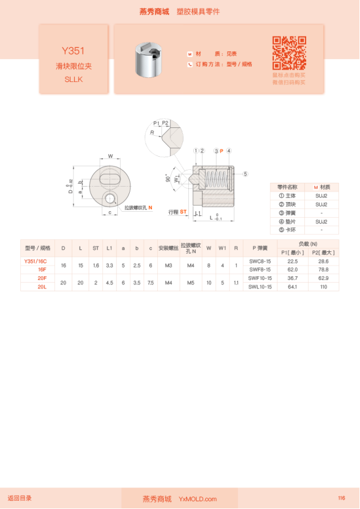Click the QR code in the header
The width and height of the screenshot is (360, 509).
289,53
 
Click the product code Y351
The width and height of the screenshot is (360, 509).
74,51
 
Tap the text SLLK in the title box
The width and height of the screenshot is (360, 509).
74,79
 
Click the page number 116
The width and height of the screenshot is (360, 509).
341,498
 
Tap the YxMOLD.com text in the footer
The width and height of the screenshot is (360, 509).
197,499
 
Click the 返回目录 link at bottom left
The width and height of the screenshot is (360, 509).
20,498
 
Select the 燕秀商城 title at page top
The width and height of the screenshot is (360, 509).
154,11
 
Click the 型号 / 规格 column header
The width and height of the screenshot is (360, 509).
38,248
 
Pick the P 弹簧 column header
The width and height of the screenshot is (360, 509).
260,248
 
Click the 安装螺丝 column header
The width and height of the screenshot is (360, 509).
168,248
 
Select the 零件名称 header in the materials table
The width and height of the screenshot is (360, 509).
287,187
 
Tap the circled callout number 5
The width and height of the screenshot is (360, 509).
245,174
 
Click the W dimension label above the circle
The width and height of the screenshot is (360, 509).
110,156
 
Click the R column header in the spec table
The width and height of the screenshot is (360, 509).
236,248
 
